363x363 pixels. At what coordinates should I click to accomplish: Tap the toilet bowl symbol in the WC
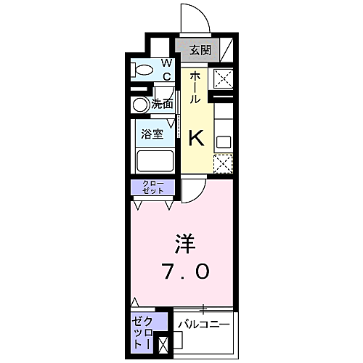point(144,70)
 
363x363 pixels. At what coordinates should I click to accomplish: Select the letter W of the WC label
point(166,62)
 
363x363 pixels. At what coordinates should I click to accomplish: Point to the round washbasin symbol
point(141,105)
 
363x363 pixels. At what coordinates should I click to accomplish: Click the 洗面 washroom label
point(163,105)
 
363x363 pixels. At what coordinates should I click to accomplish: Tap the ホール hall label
point(196,88)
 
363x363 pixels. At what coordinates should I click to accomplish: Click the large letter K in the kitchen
point(196,136)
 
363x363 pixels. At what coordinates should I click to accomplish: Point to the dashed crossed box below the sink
point(222,164)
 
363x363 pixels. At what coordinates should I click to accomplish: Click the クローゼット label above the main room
point(152,187)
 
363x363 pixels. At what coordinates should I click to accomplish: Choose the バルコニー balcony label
point(204,323)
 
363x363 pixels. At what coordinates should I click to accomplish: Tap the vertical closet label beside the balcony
point(142,332)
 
